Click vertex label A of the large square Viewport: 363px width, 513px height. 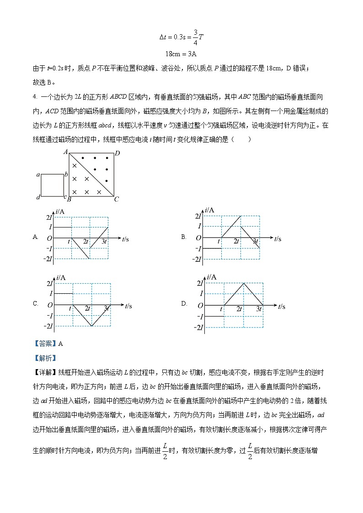tap(66, 151)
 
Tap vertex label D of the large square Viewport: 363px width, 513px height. tap(117, 153)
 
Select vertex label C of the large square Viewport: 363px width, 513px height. tap(117, 199)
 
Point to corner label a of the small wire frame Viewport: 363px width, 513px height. tap(38, 175)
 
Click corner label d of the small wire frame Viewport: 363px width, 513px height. tap(38, 197)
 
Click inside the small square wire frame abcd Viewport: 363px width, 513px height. tap(53, 185)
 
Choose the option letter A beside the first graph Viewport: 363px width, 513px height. tap(35, 237)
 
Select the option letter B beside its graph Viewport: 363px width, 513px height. tap(184, 237)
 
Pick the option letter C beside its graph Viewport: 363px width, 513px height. tap(35, 303)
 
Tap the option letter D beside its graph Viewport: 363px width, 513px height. tap(184, 303)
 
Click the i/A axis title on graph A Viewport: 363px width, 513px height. tap(59, 211)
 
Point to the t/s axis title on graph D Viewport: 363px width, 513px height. tap(280, 306)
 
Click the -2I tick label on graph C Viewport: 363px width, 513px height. tap(48, 326)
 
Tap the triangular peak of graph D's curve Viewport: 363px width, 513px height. tap(244, 283)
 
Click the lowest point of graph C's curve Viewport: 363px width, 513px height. tap(92, 326)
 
